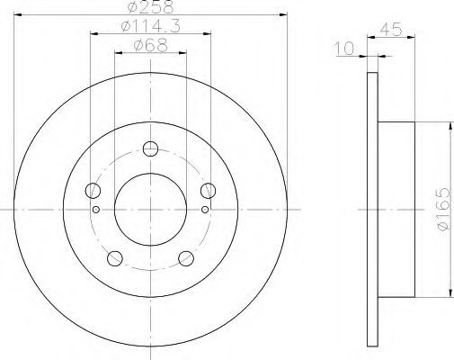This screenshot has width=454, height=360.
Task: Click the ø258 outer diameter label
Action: click(x=149, y=8)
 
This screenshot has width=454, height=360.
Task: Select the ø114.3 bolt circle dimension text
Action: click(x=149, y=27)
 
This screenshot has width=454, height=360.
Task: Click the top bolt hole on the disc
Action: click(x=150, y=148)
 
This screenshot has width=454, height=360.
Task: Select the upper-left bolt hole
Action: click(x=92, y=190)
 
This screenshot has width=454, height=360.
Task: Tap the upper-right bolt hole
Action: click(x=208, y=190)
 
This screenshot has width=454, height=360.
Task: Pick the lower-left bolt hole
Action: click(x=114, y=259)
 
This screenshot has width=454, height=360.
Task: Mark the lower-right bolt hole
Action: click(x=186, y=259)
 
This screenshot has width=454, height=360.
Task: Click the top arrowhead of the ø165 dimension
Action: click(x=449, y=127)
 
